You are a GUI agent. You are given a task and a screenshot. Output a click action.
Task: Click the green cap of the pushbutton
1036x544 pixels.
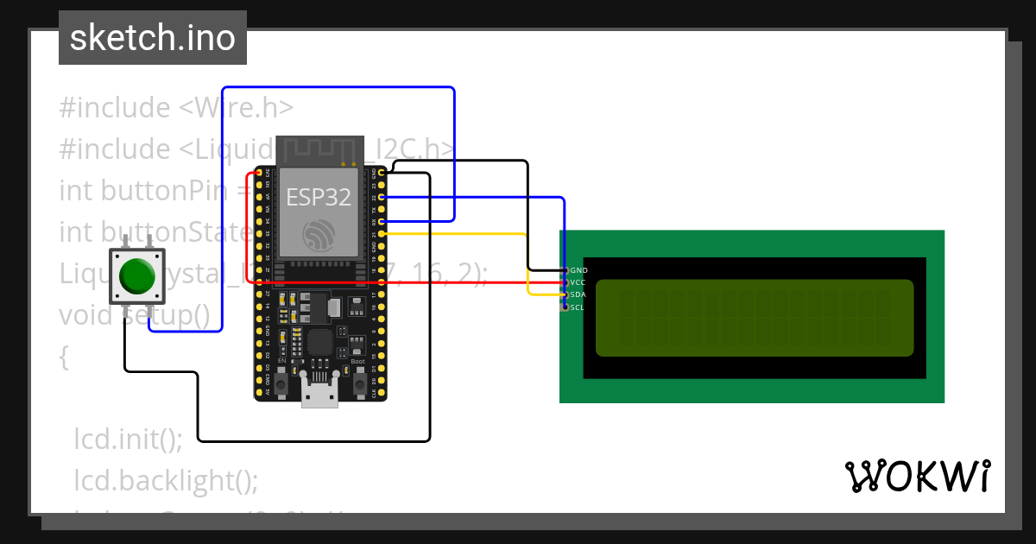point(136,275)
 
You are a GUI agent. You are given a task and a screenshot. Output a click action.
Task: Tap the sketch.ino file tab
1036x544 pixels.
point(153,38)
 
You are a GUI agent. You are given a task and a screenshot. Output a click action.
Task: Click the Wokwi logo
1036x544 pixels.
point(917,476)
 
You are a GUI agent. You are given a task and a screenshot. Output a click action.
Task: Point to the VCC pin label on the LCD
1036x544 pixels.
point(578,282)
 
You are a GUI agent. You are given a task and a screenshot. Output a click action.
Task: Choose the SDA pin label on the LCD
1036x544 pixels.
point(578,294)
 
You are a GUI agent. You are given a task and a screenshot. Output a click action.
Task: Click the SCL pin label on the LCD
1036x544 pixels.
point(578,307)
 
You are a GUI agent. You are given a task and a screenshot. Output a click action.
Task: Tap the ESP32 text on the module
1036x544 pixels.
point(319,197)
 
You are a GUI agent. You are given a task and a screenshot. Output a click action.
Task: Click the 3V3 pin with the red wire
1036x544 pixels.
point(258,174)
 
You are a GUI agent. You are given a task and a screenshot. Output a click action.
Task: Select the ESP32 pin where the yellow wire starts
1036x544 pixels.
point(382,234)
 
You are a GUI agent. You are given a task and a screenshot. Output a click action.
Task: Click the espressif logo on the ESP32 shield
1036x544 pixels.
point(319,235)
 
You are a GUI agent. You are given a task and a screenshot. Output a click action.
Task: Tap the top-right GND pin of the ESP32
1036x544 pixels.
point(382,174)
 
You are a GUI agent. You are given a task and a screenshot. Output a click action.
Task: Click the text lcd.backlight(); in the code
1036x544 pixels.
point(166,480)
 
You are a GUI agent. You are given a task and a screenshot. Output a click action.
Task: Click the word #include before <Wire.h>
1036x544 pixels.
point(115,108)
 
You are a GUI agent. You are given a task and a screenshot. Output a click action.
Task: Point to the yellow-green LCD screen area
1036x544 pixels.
point(754,318)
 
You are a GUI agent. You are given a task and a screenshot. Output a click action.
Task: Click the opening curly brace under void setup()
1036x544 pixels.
point(64,357)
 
